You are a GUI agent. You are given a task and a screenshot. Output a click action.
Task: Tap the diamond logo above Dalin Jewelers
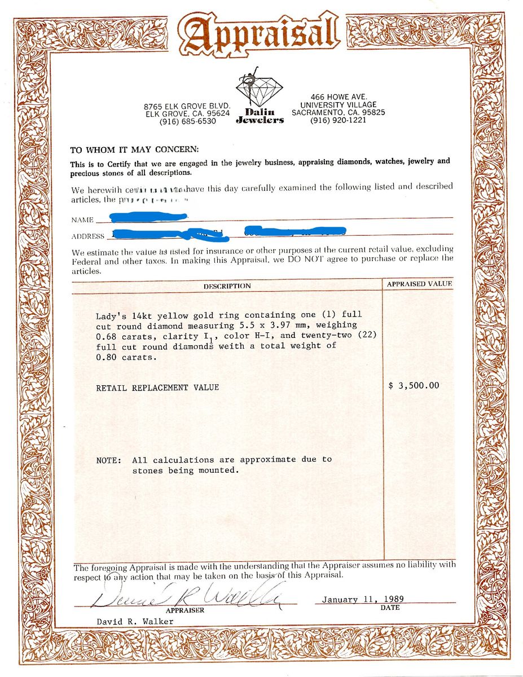pyautogui.click(x=260, y=89)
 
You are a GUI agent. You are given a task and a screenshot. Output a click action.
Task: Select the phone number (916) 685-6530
pyautogui.click(x=188, y=121)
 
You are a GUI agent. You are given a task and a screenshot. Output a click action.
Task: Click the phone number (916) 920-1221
pyautogui.click(x=338, y=120)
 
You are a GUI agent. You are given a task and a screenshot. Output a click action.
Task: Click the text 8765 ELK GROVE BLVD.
pyautogui.click(x=188, y=106)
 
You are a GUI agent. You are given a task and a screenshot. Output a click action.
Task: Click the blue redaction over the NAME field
pyautogui.click(x=148, y=217)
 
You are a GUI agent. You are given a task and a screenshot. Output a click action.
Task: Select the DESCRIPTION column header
pyautogui.click(x=227, y=286)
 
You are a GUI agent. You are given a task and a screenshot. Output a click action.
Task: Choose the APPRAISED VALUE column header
pyautogui.click(x=419, y=284)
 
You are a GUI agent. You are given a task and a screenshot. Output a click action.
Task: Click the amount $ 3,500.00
pyautogui.click(x=414, y=386)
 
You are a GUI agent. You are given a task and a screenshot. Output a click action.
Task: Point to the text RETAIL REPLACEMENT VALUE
pyautogui.click(x=157, y=388)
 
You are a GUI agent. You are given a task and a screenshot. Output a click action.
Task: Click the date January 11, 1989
pyautogui.click(x=363, y=599)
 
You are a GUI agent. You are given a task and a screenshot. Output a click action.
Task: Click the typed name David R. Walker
pyautogui.click(x=135, y=621)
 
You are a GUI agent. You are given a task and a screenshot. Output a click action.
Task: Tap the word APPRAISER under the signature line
pyautogui.click(x=184, y=610)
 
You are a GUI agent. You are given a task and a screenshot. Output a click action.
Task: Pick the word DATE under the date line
pyautogui.click(x=390, y=608)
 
